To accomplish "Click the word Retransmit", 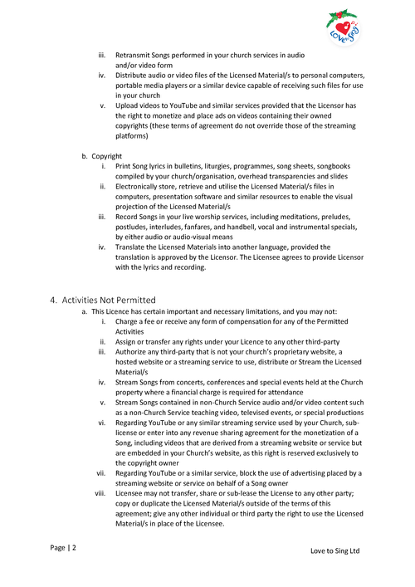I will tap(134, 55).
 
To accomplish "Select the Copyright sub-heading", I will tap(107, 156).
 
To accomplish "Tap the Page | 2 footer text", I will tap(63, 548).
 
